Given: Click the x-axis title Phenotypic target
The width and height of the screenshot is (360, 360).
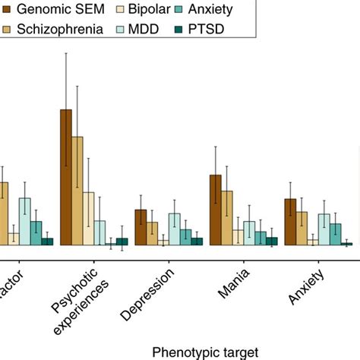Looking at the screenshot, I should click(205, 351).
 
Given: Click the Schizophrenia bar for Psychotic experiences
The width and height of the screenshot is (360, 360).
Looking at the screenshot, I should click(77, 191).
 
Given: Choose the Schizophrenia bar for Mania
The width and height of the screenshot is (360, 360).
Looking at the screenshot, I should click(227, 218).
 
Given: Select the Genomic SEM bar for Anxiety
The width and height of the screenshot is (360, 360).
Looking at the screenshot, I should click(290, 222).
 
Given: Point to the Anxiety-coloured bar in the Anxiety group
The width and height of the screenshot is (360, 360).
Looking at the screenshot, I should click(336, 234).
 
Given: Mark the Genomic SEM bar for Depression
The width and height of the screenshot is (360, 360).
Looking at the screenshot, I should click(141, 227).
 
